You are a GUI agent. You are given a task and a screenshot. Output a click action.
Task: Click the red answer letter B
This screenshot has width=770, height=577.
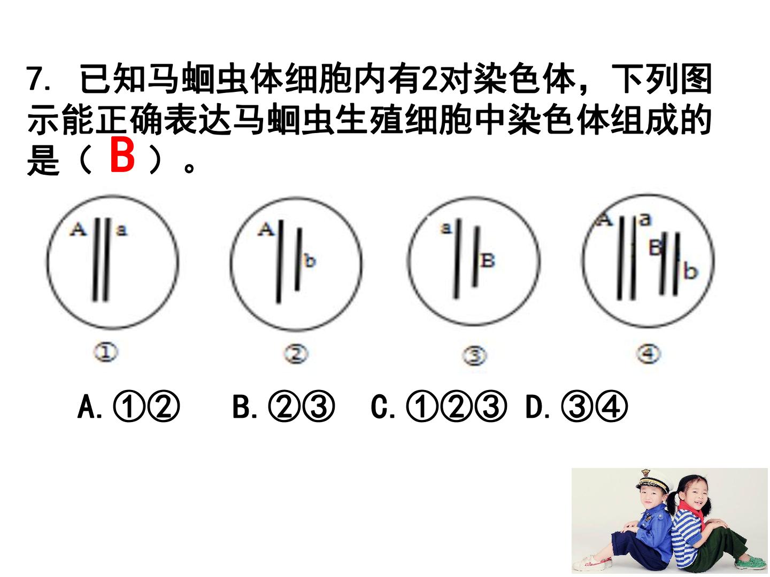click(122, 154)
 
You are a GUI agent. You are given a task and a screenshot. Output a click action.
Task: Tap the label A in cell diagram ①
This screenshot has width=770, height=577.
click(78, 230)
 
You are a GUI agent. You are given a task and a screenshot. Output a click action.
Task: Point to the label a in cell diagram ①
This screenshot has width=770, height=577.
click(121, 230)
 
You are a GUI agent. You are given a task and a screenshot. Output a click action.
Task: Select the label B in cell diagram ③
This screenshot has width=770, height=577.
click(488, 260)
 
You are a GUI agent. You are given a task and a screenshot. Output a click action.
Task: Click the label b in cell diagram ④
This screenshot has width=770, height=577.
click(690, 272)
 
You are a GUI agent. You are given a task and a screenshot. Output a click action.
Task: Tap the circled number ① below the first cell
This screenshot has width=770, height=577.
click(105, 352)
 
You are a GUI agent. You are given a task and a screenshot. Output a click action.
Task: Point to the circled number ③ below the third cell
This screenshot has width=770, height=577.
click(474, 356)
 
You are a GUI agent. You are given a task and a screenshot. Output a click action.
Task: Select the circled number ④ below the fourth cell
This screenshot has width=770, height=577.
click(648, 354)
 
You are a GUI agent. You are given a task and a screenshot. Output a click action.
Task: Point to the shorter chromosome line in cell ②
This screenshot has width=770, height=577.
click(298, 259)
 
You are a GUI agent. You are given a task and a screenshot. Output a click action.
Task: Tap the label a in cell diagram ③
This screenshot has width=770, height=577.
click(446, 228)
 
